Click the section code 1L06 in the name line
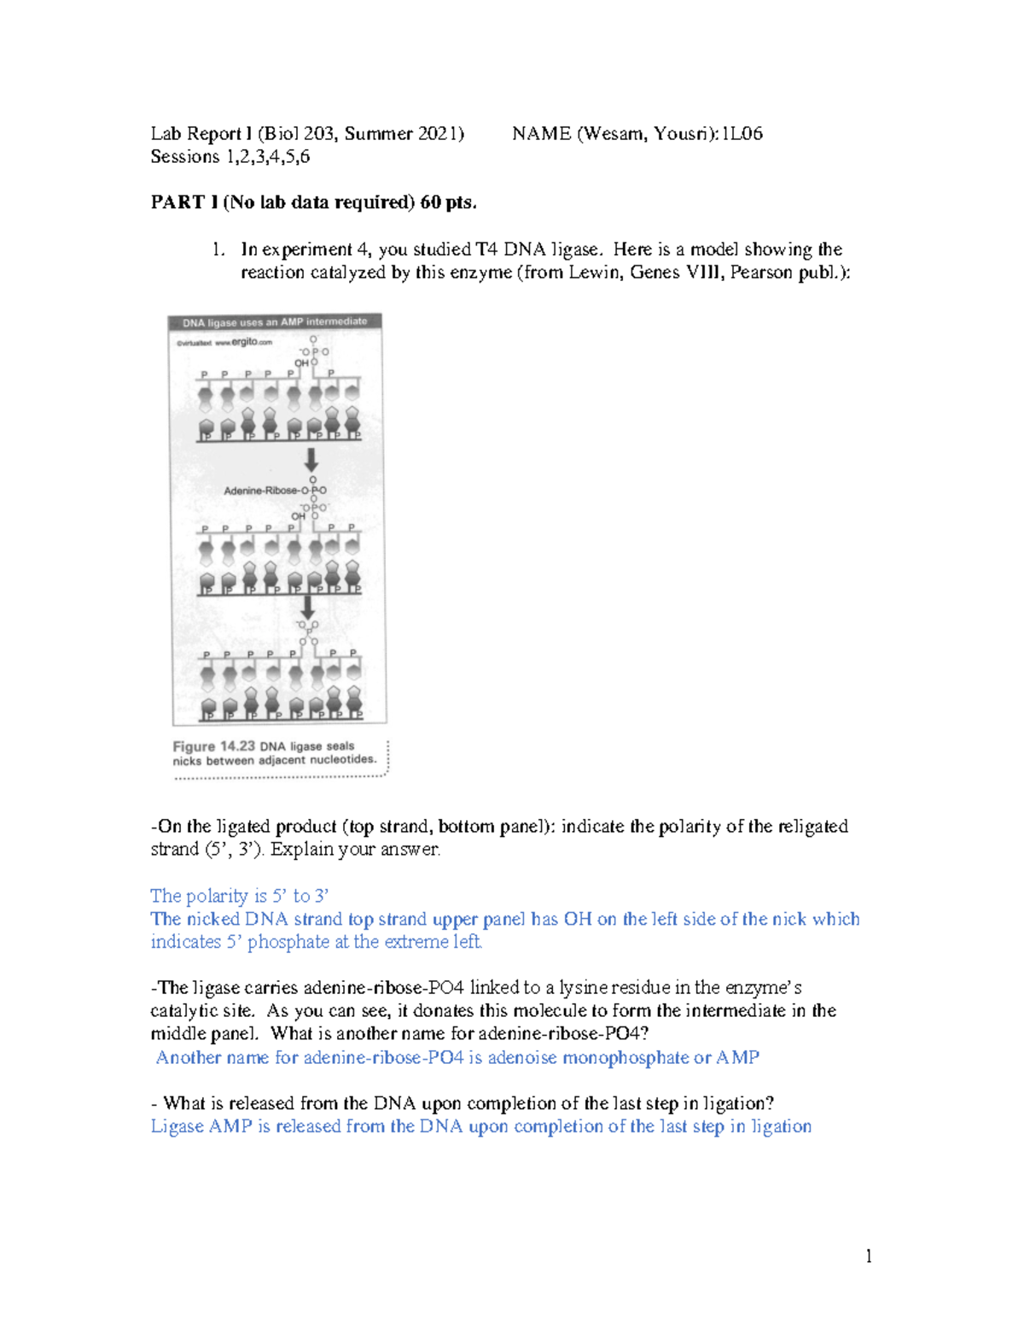pos(742,134)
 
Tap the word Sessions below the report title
pos(185,157)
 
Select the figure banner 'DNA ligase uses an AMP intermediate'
pos(275,323)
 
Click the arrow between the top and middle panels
pos(311,460)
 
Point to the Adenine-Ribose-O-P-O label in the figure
pos(274,491)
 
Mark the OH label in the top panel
pos(301,363)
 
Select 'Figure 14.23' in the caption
pos(213,746)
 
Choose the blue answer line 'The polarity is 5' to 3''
pos(239,896)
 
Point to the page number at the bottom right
pos(868,1256)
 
